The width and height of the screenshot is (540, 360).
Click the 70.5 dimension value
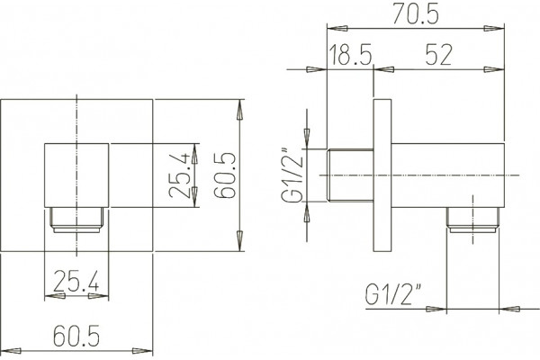pos(416,13)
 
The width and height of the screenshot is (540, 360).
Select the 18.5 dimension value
pos(351,55)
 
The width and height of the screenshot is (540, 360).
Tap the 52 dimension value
pos(438,55)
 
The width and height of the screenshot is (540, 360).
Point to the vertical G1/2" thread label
pos(292,175)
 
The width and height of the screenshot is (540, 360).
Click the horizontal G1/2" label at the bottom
pos(394,294)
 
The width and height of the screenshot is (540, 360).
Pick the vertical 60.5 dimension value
pos(224,175)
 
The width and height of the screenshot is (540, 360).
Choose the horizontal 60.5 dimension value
pos(76,335)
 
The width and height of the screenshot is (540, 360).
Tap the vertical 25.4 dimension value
pos(180,175)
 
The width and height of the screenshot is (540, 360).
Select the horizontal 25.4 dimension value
pos(76,280)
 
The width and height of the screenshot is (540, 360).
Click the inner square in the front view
pos(76,175)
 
